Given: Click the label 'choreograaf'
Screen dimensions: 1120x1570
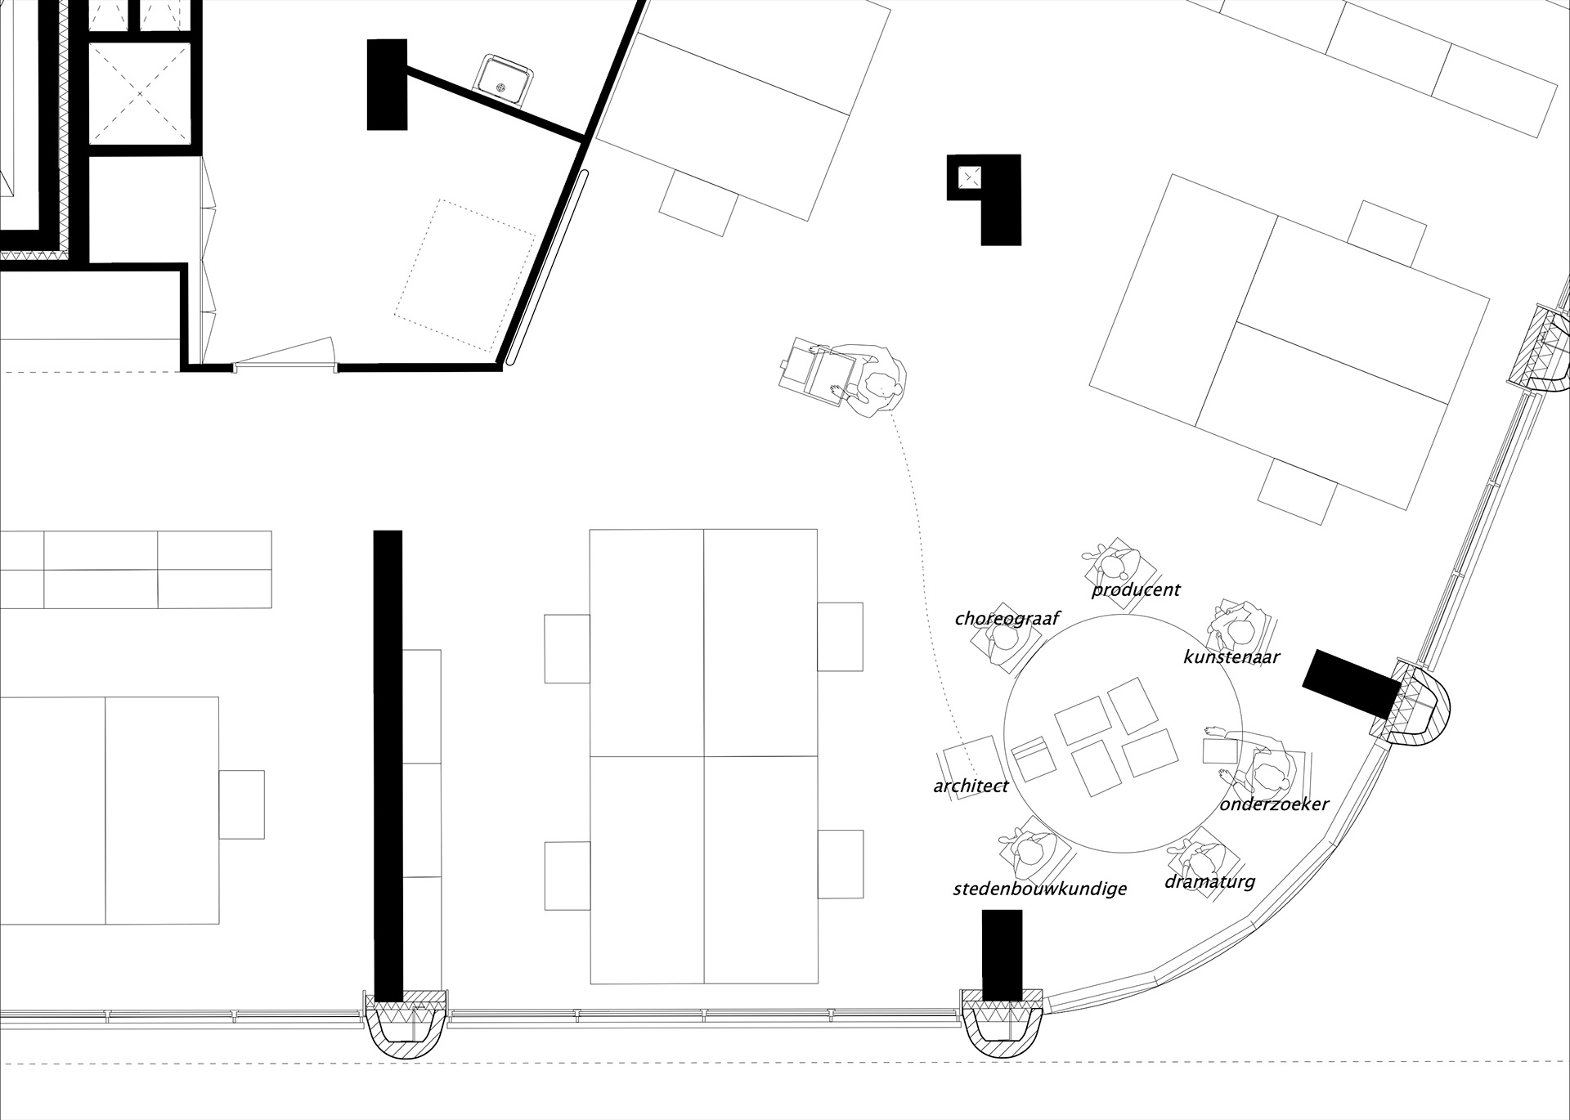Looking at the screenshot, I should [x=1007, y=619].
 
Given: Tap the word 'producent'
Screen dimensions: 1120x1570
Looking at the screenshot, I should [x=1136, y=589].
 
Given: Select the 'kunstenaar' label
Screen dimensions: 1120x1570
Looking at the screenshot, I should [x=1231, y=656].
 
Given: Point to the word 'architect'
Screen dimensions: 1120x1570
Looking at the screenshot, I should [x=971, y=786].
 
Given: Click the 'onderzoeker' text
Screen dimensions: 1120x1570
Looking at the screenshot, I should [x=1274, y=804].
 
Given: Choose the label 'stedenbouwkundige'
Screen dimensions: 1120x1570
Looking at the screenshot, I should [x=1039, y=889].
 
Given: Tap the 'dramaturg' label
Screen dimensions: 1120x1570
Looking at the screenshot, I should [x=1209, y=881].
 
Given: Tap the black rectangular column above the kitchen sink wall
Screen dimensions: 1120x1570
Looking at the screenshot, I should [x=387, y=84].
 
